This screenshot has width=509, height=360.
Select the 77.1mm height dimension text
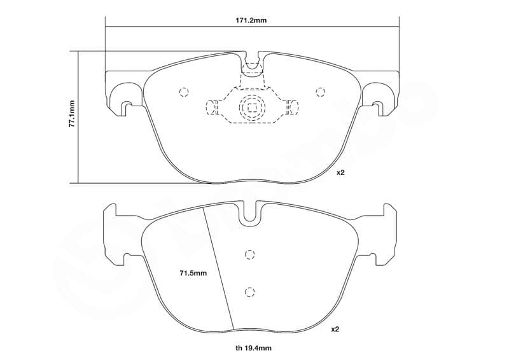tap(72, 114)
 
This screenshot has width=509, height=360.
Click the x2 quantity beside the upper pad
tap(340, 172)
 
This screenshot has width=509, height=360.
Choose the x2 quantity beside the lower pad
tap(335, 329)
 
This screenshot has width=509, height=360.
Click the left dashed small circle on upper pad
tap(184, 92)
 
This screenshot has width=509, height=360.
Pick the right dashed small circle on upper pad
tap(320, 92)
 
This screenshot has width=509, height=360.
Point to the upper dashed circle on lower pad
tap(250, 254)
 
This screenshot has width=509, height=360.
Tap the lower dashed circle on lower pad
tap(250, 292)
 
